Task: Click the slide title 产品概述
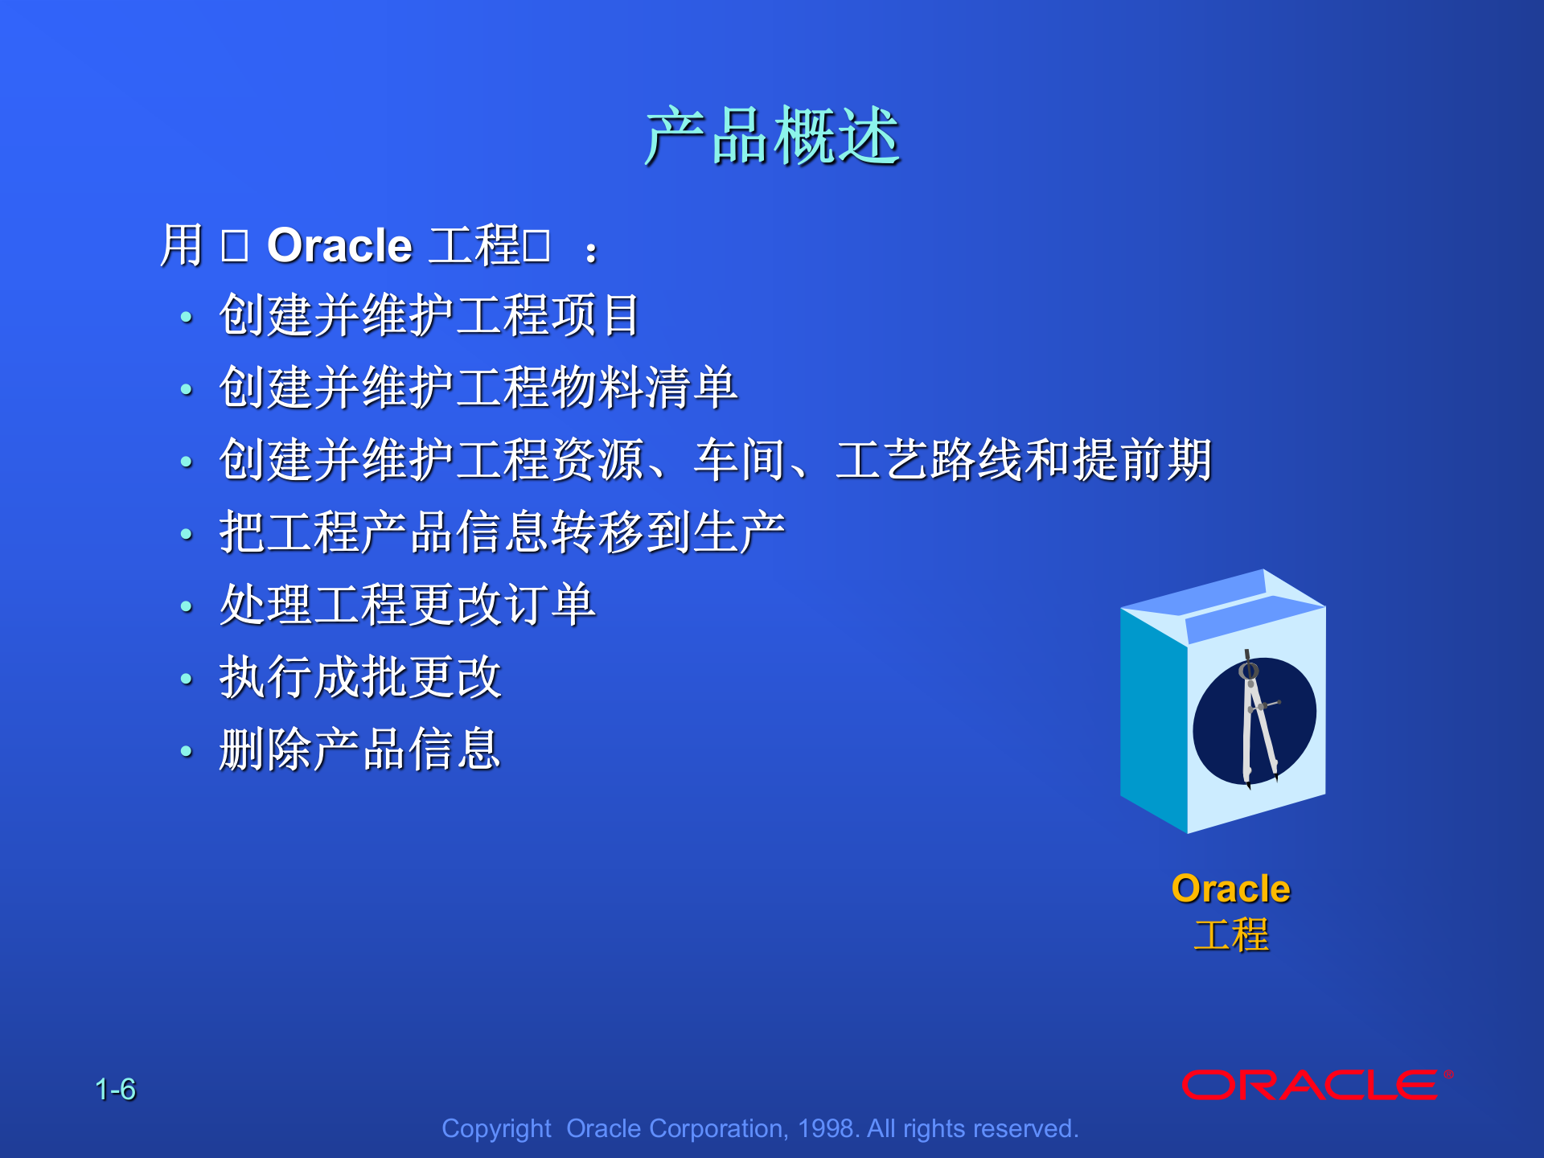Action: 772,137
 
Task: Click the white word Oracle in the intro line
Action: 339,245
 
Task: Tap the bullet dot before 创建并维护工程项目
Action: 187,317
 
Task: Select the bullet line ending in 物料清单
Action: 478,388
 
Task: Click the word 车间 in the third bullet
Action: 740,460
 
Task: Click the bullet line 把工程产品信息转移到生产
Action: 502,532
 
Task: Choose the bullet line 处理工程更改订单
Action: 407,605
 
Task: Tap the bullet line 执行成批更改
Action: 360,677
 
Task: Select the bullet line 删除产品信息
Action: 360,749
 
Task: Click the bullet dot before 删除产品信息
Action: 187,751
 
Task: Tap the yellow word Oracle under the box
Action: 1230,889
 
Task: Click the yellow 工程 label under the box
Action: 1230,935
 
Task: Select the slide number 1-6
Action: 115,1090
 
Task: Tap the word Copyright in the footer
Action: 496,1129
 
